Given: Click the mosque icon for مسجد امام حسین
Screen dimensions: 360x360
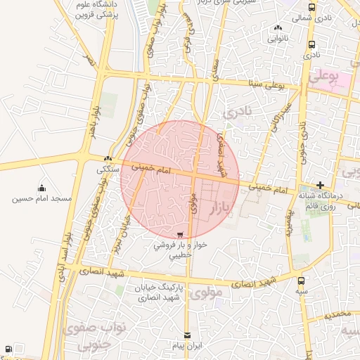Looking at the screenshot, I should (41, 188).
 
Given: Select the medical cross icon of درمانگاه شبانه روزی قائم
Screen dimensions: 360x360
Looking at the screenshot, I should (320, 185).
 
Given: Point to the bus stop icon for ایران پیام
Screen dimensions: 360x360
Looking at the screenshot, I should (186, 336).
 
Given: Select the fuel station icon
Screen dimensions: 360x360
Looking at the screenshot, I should (7, 349).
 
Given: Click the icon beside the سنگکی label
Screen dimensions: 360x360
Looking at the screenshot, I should (108, 159).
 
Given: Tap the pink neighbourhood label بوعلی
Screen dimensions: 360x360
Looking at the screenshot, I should (343, 73).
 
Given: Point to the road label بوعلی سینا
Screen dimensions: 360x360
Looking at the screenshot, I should (266, 84).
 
